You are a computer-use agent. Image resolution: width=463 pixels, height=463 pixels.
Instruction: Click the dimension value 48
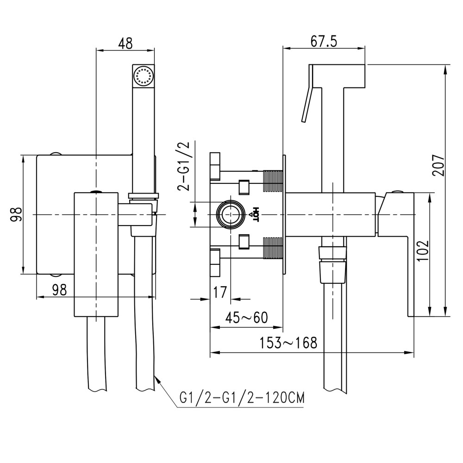(x=125, y=43)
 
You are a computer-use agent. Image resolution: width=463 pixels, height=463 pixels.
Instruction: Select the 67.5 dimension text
(x=323, y=42)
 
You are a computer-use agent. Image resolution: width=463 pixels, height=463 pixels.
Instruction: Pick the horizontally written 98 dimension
(x=59, y=290)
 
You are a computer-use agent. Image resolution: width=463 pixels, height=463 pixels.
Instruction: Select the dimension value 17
(x=220, y=292)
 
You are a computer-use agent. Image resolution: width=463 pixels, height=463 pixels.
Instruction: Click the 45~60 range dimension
(x=246, y=318)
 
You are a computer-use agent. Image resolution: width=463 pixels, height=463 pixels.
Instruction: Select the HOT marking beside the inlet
(x=254, y=214)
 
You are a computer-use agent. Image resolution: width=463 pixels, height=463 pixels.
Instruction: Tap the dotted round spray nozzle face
(x=144, y=75)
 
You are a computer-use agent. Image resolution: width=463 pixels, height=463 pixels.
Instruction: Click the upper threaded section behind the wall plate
(x=273, y=181)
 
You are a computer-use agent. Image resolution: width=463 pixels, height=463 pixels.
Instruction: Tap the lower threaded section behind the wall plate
(x=273, y=247)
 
